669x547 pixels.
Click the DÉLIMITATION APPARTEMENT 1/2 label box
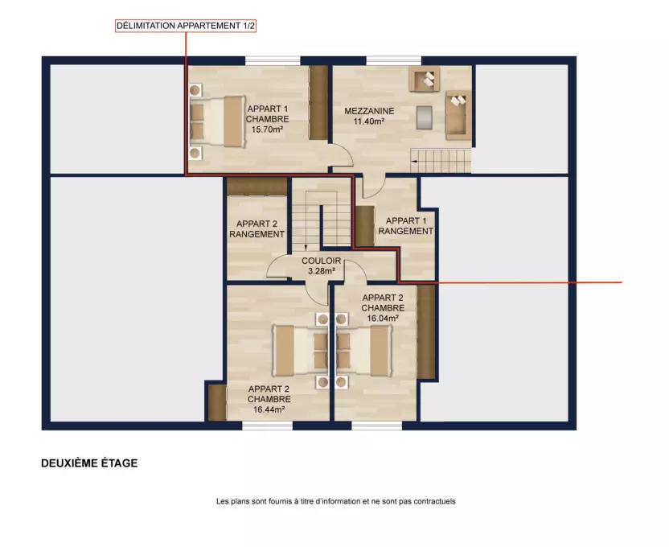click(x=186, y=26)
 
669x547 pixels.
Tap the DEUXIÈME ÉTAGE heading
click(x=89, y=463)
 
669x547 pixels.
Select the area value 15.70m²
click(x=268, y=130)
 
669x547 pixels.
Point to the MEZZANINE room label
click(x=369, y=111)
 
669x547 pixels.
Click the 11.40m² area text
click(x=369, y=121)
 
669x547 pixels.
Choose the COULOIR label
click(x=322, y=261)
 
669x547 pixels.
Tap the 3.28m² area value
click(x=322, y=271)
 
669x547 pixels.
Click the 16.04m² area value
click(x=383, y=319)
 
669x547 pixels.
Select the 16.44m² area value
click(x=269, y=409)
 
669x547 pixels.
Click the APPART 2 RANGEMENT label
click(x=257, y=229)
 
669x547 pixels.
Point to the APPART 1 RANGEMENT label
click(x=405, y=226)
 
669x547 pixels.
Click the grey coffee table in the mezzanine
click(x=424, y=117)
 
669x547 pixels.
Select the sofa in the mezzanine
click(x=458, y=115)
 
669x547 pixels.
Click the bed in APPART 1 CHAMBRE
click(x=218, y=121)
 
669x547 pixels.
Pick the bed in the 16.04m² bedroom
click(x=364, y=352)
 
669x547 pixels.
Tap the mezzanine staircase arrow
click(x=414, y=161)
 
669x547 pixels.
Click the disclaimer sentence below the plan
click(x=336, y=502)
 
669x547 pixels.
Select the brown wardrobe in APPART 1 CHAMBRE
click(x=318, y=103)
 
